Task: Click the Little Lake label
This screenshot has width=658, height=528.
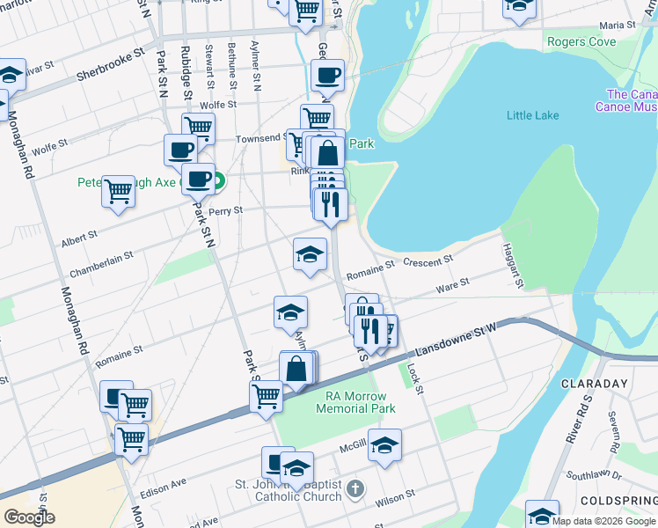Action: point(532,114)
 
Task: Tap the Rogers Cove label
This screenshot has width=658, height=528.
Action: point(581,41)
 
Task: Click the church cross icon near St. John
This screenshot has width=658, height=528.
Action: point(354,488)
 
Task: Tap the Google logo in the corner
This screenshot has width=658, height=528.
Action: point(29,517)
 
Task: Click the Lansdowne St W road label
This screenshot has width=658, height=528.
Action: point(457,340)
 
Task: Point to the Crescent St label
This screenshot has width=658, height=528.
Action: point(428,260)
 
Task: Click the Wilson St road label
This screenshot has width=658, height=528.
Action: point(395,496)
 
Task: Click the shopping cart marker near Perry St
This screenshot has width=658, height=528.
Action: point(118,191)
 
